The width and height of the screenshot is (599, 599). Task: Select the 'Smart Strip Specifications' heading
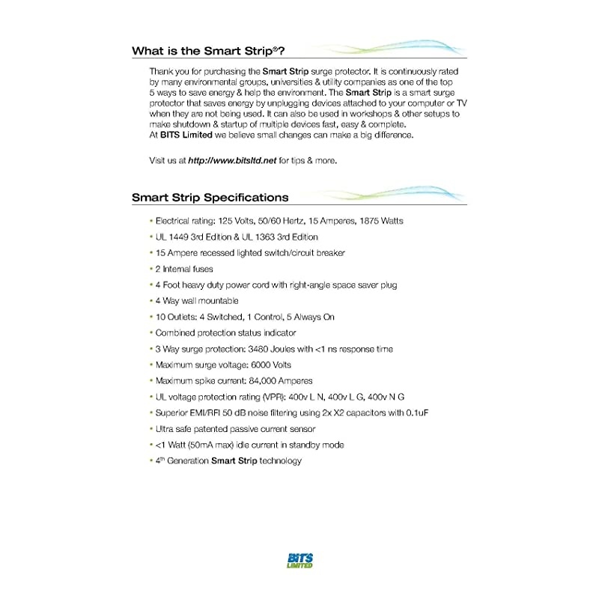(210, 198)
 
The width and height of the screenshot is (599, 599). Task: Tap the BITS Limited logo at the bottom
(299, 561)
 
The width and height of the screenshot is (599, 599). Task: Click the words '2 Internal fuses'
(184, 269)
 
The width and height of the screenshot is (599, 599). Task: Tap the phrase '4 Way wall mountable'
(197, 301)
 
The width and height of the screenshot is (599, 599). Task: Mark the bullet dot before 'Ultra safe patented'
(150, 429)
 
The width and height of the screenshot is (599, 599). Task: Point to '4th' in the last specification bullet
(161, 460)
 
